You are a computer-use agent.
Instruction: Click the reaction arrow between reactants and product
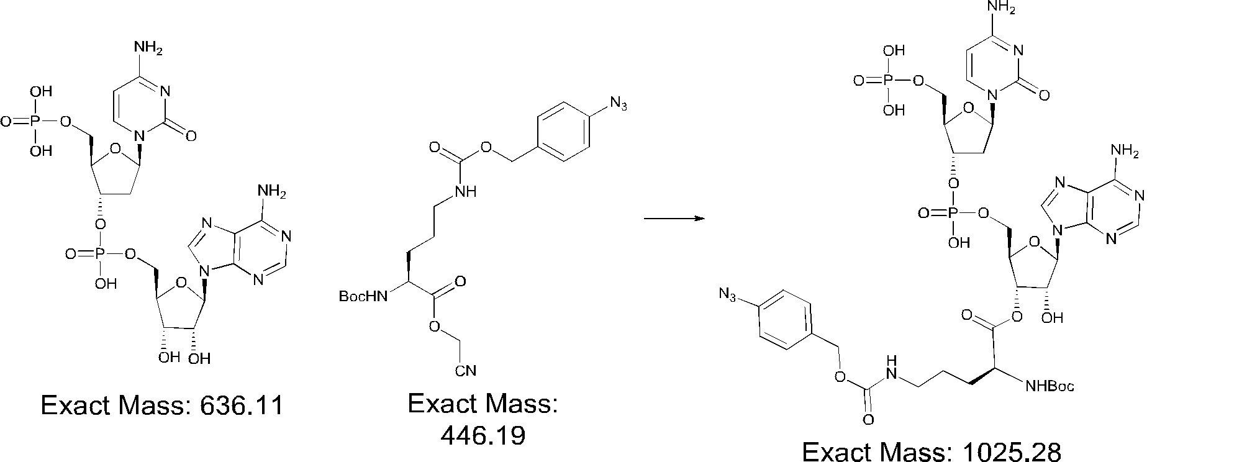674,219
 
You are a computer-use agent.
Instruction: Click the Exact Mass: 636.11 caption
161,405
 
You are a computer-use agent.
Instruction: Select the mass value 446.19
483,435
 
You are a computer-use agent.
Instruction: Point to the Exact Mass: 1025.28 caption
932,451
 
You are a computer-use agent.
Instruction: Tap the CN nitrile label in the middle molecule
465,371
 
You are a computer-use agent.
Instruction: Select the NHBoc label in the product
1049,387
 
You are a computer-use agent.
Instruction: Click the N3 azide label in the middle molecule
619,104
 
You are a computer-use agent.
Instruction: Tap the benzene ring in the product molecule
784,325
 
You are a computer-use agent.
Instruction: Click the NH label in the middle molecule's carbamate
466,192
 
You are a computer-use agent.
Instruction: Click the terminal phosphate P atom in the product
888,80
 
